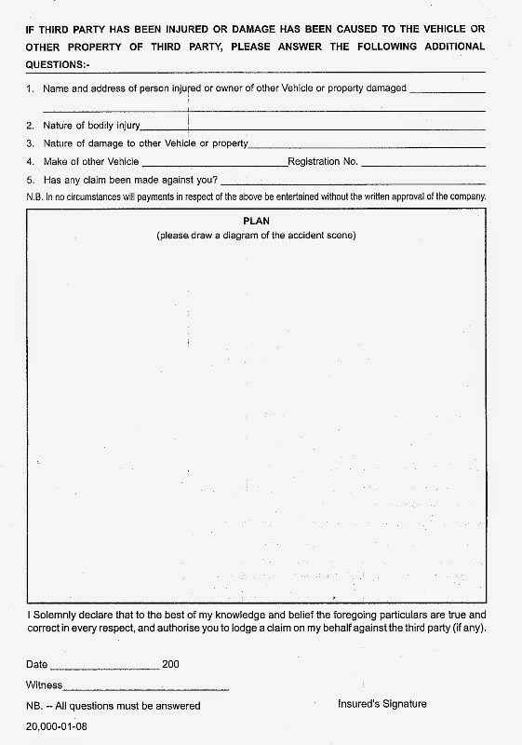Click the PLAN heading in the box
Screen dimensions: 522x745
click(x=256, y=223)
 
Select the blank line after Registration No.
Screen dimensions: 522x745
click(x=422, y=163)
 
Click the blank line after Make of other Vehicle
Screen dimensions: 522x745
click(x=215, y=163)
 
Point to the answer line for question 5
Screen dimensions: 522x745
click(x=353, y=181)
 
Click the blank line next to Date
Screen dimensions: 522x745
click(x=104, y=668)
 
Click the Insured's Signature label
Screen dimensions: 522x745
click(x=381, y=705)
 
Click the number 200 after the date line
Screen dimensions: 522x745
click(x=170, y=666)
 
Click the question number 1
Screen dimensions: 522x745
click(x=31, y=88)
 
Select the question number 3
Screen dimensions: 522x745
click(x=31, y=143)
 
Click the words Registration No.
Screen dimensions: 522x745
click(x=323, y=161)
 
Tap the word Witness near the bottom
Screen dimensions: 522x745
click(x=44, y=685)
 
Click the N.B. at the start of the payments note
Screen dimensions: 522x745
click(x=34, y=197)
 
